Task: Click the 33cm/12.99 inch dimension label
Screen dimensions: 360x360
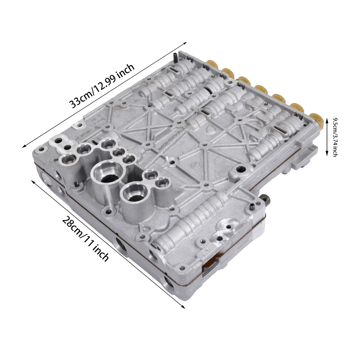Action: (x=102, y=86)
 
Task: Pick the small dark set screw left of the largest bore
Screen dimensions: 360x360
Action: (x=76, y=184)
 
